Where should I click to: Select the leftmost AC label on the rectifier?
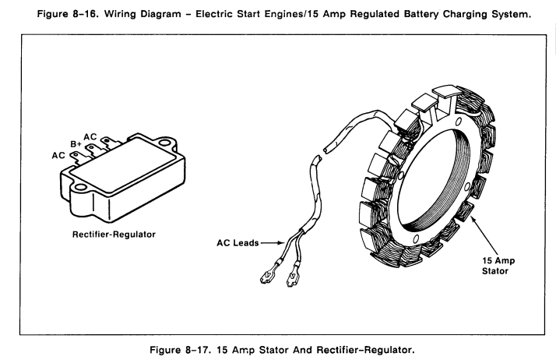pyautogui.click(x=58, y=155)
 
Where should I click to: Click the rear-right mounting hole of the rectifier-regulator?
pyautogui.click(x=165, y=143)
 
